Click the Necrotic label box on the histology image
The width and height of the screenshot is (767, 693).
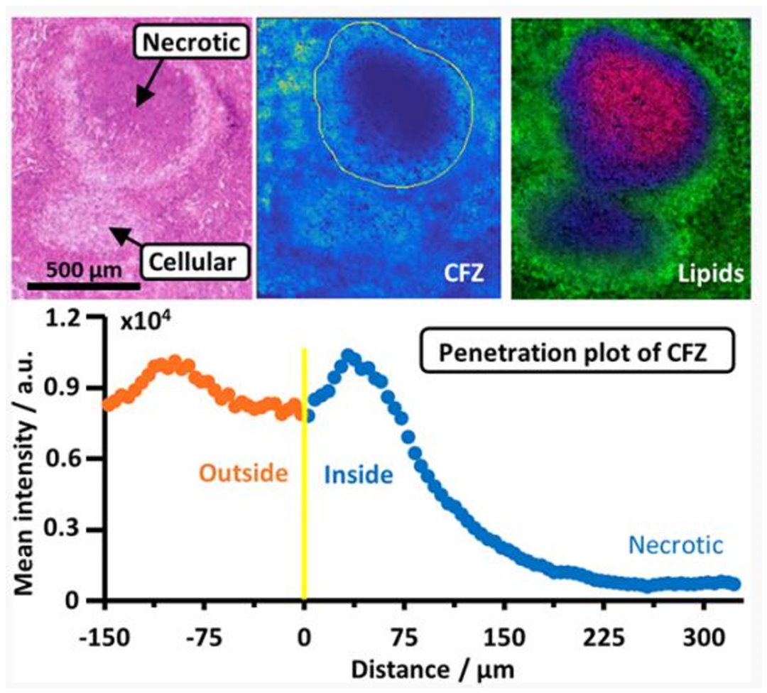pyautogui.click(x=190, y=43)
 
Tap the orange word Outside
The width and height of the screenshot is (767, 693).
pyautogui.click(x=244, y=473)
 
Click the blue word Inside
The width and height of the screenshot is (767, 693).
pyautogui.click(x=358, y=474)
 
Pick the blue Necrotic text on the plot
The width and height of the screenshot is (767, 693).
pyautogui.click(x=675, y=545)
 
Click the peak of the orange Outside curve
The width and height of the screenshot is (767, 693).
pyautogui.click(x=173, y=361)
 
